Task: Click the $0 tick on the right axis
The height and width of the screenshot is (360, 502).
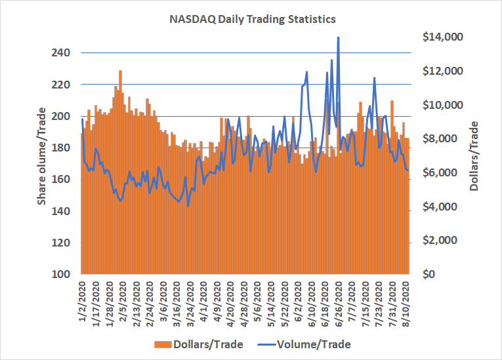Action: point(425,274)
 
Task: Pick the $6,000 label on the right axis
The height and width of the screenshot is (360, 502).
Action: point(436,173)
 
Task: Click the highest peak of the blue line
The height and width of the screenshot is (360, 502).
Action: point(338,37)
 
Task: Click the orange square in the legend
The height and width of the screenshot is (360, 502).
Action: point(158,344)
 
